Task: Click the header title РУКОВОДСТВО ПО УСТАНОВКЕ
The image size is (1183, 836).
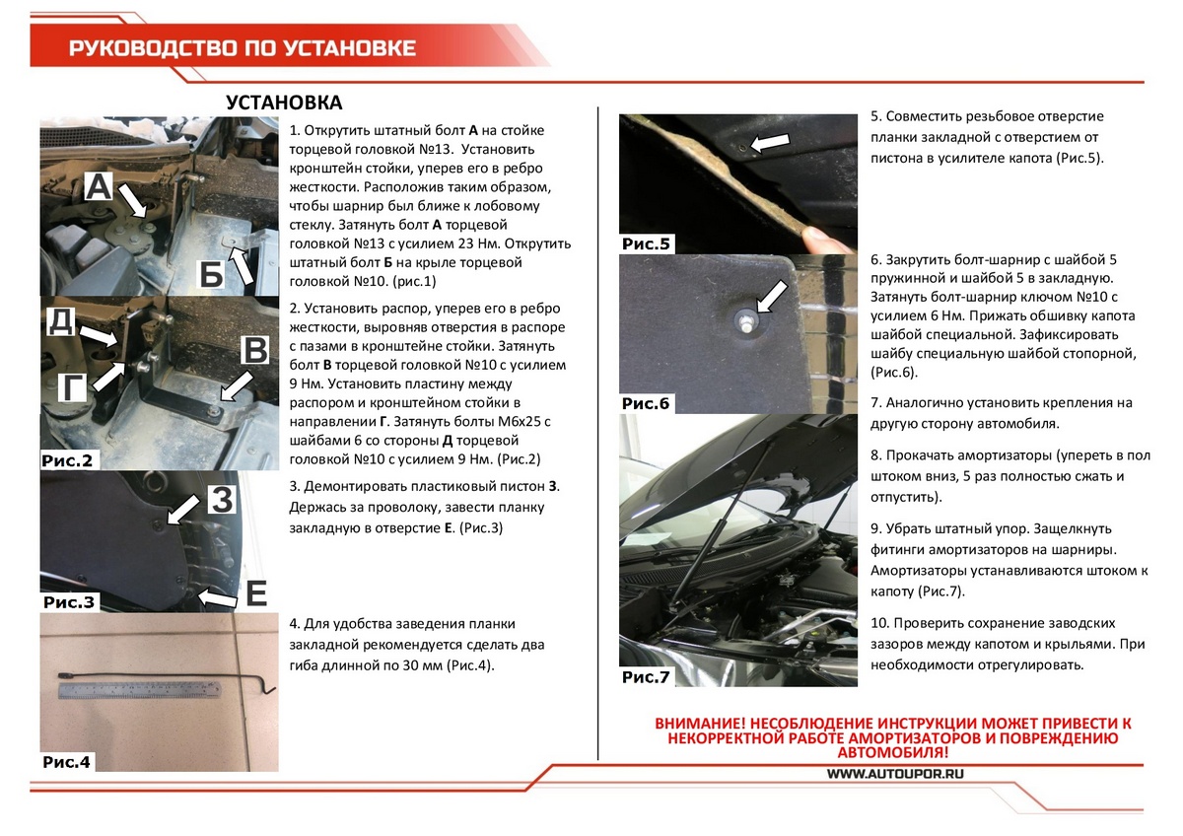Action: click(x=243, y=48)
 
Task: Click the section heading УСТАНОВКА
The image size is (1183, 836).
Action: click(x=284, y=103)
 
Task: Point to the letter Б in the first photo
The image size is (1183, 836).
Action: click(x=211, y=274)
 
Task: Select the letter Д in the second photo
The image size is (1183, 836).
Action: click(x=61, y=321)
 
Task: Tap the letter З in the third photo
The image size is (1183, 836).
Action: click(x=223, y=500)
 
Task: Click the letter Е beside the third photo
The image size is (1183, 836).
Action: click(x=255, y=593)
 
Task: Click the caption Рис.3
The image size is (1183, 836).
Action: click(x=69, y=601)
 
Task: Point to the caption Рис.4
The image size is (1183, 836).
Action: click(x=67, y=761)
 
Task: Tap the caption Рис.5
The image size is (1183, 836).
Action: click(x=646, y=244)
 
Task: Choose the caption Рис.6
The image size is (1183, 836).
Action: click(x=646, y=403)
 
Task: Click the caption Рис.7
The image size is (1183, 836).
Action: click(x=646, y=677)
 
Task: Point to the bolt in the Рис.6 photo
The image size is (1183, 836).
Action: click(x=740, y=317)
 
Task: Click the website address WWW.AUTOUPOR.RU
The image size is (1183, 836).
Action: click(x=893, y=774)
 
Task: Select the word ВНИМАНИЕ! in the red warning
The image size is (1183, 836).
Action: click(x=702, y=724)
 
